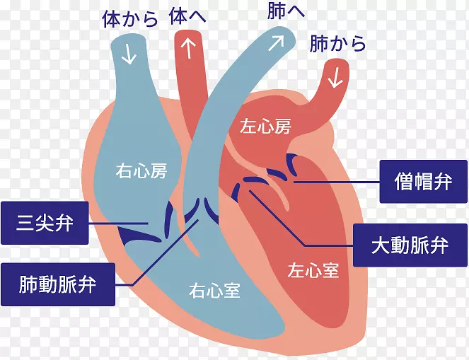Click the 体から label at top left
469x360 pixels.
pos(129,19)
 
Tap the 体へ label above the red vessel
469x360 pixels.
pos(187,16)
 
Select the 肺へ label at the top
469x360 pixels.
pos(286,12)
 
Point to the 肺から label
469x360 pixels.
pos(338,44)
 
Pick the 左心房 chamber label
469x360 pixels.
pos(265,127)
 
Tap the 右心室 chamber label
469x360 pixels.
pos(214,290)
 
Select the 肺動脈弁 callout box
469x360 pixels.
pos(58,285)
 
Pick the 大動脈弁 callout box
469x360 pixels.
pos(410,245)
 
